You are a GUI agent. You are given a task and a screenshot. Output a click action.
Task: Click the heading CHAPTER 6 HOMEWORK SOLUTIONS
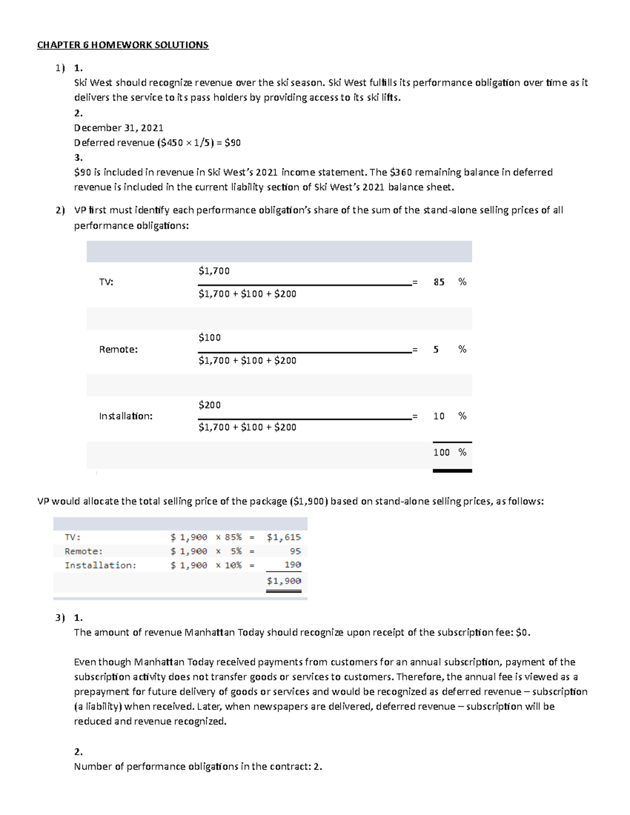pyautogui.click(x=122, y=45)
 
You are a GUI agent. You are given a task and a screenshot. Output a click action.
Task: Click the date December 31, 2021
pyautogui.click(x=119, y=128)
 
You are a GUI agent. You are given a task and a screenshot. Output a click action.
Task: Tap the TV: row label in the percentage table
pyautogui.click(x=106, y=282)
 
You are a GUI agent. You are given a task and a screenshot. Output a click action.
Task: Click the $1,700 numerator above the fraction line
pyautogui.click(x=214, y=271)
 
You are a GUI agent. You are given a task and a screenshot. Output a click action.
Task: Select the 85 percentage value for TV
pyautogui.click(x=439, y=282)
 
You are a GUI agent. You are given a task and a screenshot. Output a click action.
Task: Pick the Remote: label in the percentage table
pyautogui.click(x=118, y=350)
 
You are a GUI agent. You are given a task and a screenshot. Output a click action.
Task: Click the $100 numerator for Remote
pyautogui.click(x=209, y=337)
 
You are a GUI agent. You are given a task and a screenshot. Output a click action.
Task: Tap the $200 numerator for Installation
pyautogui.click(x=209, y=405)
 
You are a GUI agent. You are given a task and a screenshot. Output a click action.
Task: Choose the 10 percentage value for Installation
pyautogui.click(x=439, y=416)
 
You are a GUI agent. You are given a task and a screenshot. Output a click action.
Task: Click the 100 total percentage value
pyautogui.click(x=441, y=452)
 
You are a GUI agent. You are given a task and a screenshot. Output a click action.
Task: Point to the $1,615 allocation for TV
pyautogui.click(x=283, y=537)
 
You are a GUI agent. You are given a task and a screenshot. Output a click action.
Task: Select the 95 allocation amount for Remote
pyautogui.click(x=295, y=551)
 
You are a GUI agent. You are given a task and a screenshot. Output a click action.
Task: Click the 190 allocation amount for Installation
pyautogui.click(x=292, y=565)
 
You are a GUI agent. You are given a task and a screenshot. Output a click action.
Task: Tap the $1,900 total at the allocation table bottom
pyautogui.click(x=283, y=581)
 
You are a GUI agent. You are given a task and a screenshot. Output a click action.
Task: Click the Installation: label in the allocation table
pyautogui.click(x=100, y=565)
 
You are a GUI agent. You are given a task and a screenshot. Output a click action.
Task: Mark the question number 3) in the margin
pyautogui.click(x=60, y=618)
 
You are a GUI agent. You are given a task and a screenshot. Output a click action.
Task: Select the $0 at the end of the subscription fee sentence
pyautogui.click(x=522, y=632)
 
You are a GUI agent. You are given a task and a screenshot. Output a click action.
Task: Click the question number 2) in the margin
pyautogui.click(x=60, y=210)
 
